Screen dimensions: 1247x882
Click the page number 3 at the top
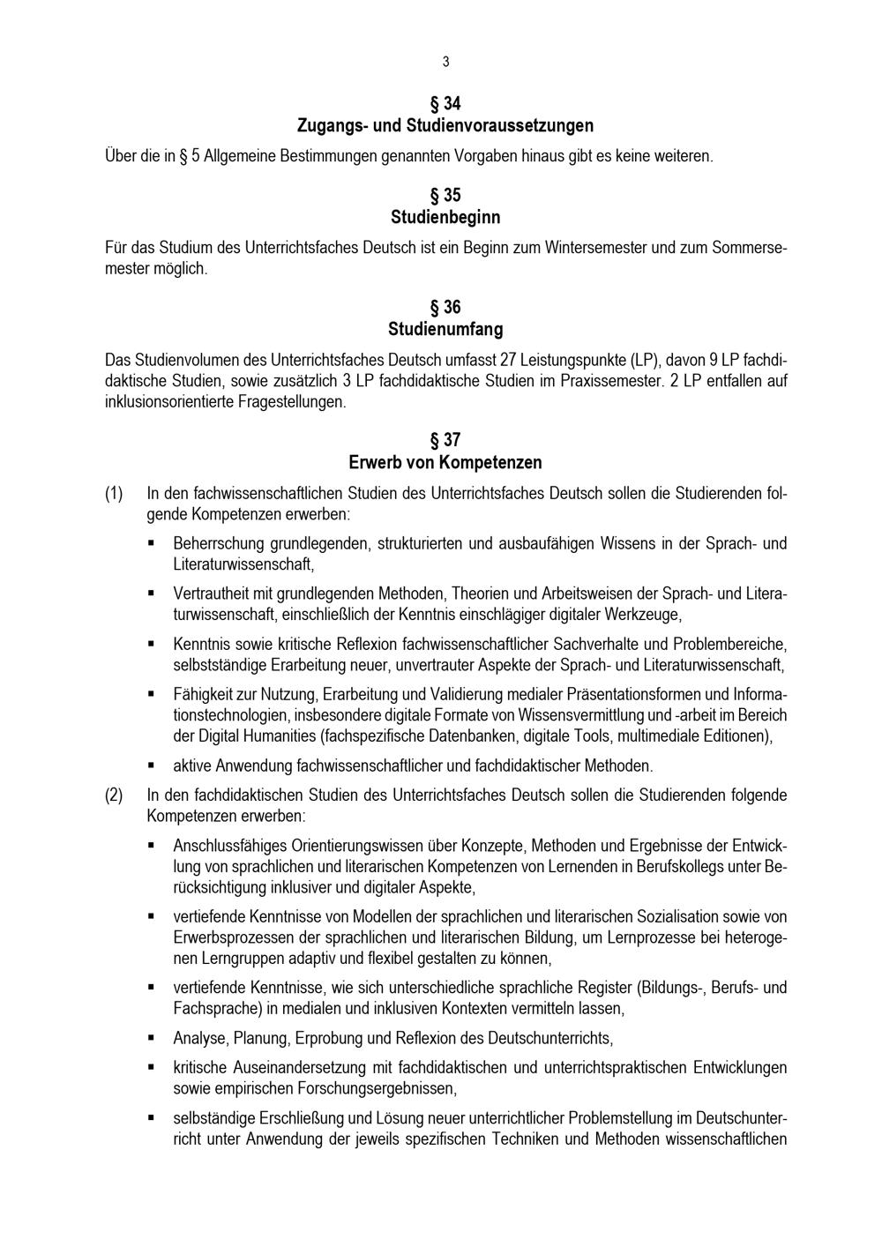pos(445,62)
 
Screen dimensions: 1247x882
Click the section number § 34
pos(445,103)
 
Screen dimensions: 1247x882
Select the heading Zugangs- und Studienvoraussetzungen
pos(445,125)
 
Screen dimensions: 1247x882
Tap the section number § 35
pos(445,195)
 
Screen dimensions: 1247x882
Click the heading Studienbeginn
pos(445,217)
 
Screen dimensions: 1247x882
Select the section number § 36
pos(445,307)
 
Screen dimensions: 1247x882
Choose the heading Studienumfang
pos(445,329)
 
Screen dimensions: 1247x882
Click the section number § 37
pos(445,440)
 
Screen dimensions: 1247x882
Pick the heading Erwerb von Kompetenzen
pos(445,462)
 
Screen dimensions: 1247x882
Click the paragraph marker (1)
pos(114,493)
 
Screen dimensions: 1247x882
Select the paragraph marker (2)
pos(114,795)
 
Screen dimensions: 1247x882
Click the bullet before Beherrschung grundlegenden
pos(152,542)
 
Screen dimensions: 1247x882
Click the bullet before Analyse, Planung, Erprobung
pos(152,1038)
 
